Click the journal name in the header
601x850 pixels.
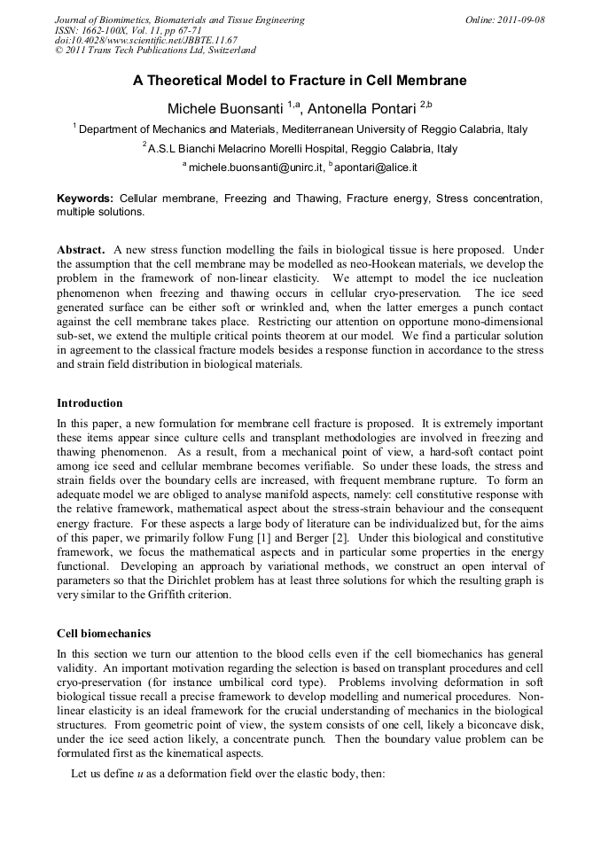click(x=179, y=19)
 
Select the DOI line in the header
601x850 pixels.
click(x=146, y=40)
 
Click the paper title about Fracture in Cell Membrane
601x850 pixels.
click(x=300, y=80)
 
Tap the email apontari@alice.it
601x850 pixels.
click(x=377, y=167)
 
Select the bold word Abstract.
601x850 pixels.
click(x=82, y=251)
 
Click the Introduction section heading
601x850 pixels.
click(x=90, y=403)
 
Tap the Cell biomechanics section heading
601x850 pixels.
click(x=104, y=634)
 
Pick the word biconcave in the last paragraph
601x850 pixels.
click(x=474, y=723)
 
